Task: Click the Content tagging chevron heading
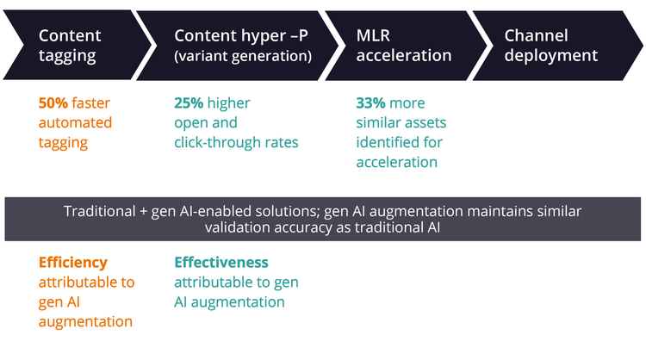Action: tap(70, 46)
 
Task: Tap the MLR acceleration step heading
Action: tap(403, 46)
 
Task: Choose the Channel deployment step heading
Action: tap(550, 46)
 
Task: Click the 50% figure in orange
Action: tap(53, 102)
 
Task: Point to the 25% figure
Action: tap(189, 102)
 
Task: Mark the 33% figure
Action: tap(371, 102)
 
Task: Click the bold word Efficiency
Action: tap(73, 262)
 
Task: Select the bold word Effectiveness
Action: tap(221, 262)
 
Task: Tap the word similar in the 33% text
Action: tap(380, 122)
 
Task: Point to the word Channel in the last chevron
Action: tap(536, 35)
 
